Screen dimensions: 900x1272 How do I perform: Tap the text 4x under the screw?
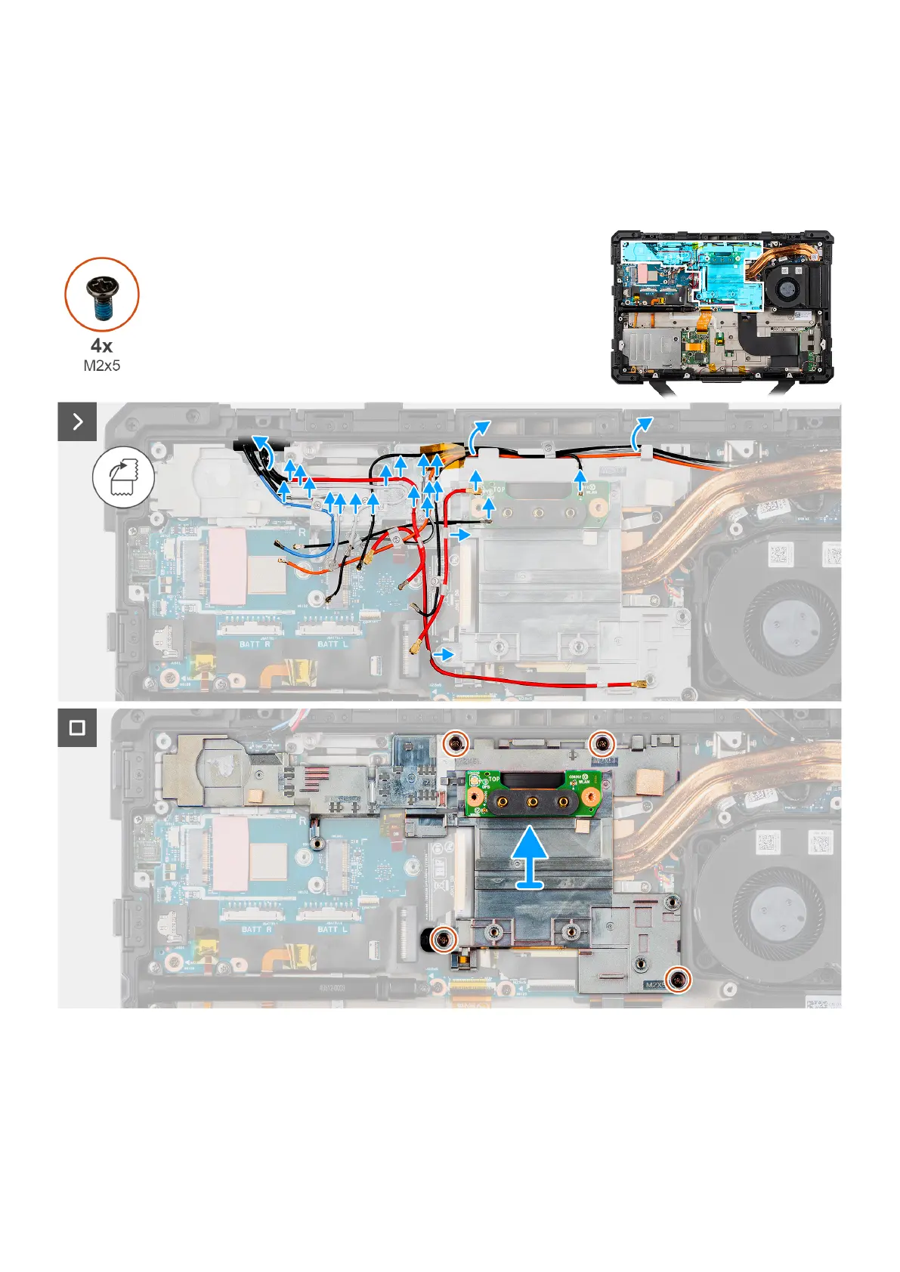(x=101, y=346)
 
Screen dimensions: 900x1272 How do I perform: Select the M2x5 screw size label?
(x=101, y=366)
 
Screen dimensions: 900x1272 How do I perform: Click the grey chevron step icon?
(x=77, y=421)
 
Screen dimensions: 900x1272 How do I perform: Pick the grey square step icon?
(x=77, y=727)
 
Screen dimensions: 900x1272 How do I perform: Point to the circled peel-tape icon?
(x=123, y=477)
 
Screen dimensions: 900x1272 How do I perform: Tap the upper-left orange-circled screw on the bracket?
(x=454, y=744)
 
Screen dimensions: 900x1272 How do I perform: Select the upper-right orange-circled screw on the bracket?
(x=602, y=744)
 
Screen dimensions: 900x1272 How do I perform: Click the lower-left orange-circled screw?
(x=444, y=939)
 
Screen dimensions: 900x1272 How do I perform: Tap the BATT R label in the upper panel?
(x=254, y=644)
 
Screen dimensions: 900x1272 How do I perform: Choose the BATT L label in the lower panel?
(x=332, y=928)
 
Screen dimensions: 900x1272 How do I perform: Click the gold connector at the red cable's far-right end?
(x=643, y=686)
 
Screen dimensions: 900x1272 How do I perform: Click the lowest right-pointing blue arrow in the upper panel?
(x=447, y=652)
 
